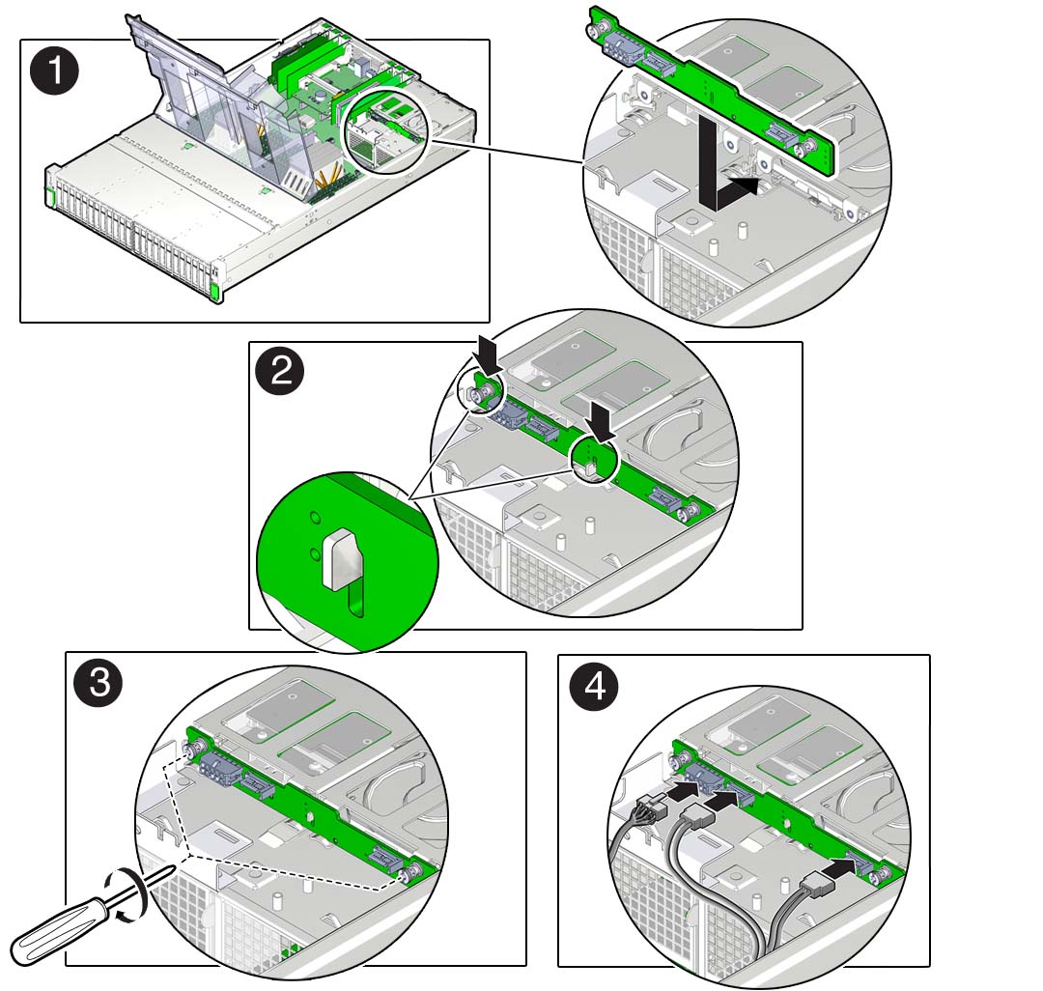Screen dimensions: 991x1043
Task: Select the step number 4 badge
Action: pos(593,688)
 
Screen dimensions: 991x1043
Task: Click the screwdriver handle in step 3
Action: pos(58,933)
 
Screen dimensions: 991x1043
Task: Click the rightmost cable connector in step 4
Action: pos(816,881)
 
